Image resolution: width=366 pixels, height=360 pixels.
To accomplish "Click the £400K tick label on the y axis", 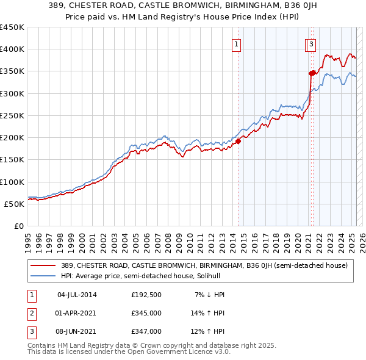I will [12, 49].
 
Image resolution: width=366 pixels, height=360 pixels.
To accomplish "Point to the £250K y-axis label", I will [12, 115].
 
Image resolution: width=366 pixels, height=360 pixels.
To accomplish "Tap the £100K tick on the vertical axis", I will [12, 182].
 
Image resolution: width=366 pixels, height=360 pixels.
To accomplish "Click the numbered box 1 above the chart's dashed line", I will [235, 43].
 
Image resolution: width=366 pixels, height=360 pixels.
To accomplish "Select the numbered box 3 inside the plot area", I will [311, 43].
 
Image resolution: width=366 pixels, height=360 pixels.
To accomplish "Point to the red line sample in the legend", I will [43, 265].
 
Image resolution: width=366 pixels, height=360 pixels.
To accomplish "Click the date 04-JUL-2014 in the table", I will [77, 295].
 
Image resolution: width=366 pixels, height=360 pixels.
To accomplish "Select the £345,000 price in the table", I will [146, 314].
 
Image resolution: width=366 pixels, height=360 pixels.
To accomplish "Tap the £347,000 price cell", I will [146, 332].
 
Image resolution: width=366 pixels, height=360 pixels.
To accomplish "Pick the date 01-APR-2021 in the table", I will [77, 314].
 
